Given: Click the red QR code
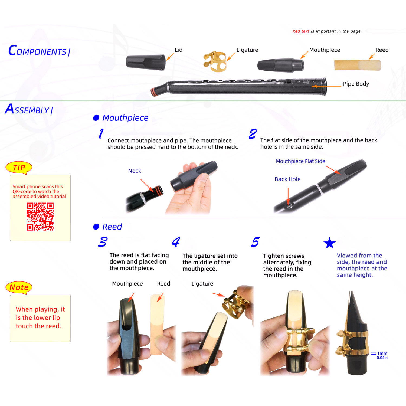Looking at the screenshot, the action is [x=40, y=217].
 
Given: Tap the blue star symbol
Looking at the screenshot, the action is [x=330, y=243].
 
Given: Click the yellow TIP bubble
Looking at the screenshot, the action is [x=19, y=168].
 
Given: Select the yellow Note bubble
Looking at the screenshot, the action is [x=19, y=287].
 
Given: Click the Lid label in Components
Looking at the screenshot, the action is [x=179, y=50].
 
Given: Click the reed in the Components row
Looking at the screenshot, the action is [x=358, y=65].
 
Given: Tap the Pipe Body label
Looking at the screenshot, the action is [x=356, y=84].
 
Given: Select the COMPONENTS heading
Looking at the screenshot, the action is [x=39, y=51].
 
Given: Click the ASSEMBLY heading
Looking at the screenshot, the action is [x=29, y=109].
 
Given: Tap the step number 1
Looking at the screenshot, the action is [x=101, y=133].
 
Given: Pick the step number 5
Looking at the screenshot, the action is [x=255, y=242].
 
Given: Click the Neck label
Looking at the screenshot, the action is [x=135, y=171].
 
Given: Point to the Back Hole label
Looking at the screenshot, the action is [x=287, y=179].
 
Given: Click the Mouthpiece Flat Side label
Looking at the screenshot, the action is [x=300, y=161].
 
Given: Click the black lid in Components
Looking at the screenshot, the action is [x=146, y=62].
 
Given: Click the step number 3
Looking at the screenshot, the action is [x=103, y=242].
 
